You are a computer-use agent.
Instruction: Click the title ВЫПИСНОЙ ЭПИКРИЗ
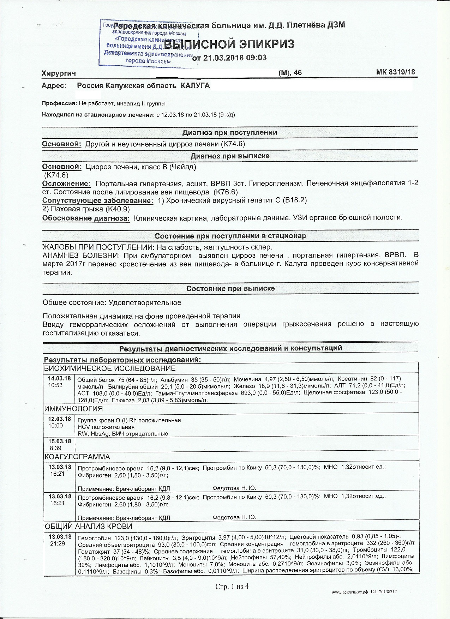229,44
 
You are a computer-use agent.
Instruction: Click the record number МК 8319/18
396,72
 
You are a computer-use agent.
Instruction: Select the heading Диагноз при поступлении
229,132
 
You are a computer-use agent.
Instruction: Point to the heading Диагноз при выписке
230,156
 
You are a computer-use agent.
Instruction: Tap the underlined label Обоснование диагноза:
86,218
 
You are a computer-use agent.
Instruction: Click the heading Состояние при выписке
230,289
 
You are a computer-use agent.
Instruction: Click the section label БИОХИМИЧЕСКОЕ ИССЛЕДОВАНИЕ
110,369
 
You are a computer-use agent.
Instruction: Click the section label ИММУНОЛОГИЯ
73,409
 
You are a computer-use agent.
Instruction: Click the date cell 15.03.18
60,441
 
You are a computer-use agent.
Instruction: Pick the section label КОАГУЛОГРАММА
77,457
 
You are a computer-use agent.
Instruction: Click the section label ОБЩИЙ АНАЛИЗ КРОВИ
88,527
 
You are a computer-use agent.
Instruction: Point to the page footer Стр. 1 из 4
232,587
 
